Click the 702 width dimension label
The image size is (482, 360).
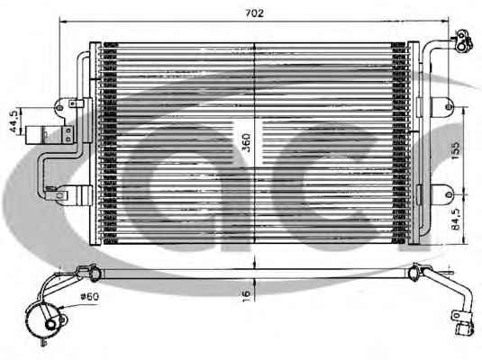pyautogui.click(x=255, y=13)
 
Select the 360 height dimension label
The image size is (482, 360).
pyautogui.click(x=246, y=142)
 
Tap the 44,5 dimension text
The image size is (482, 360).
pyautogui.click(x=14, y=121)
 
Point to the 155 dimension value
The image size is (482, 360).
pyautogui.click(x=455, y=150)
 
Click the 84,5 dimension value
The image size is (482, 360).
pyautogui.click(x=456, y=219)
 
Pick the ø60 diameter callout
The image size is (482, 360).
pyautogui.click(x=89, y=297)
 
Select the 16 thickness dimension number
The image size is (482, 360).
pyautogui.click(x=247, y=296)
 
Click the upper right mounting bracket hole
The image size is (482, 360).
pyautogui.click(x=449, y=107)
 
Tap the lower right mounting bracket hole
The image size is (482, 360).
pyautogui.click(x=449, y=194)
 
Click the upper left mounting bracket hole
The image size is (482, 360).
pyautogui.click(x=59, y=108)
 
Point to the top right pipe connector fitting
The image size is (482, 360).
pyautogui.click(x=463, y=42)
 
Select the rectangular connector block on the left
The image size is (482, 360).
pyautogui.click(x=50, y=134)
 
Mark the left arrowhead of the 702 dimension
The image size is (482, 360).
pyautogui.click(x=63, y=22)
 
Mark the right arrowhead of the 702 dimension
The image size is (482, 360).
pyautogui.click(x=445, y=22)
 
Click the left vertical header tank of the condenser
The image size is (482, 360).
pyautogui.click(x=95, y=143)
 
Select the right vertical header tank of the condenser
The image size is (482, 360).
pyautogui.click(x=414, y=143)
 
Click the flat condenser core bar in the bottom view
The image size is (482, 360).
pyautogui.click(x=256, y=274)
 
